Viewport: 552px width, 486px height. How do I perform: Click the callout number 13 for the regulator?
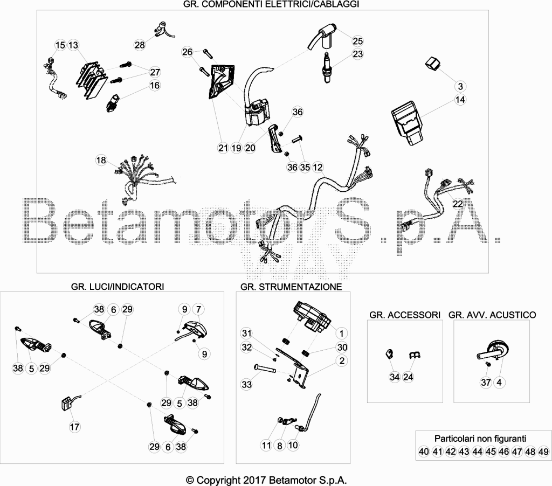tap(73, 45)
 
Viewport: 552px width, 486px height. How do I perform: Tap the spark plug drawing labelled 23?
tap(328, 67)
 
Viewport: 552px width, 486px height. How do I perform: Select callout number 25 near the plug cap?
tap(358, 41)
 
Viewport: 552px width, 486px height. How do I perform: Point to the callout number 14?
tap(460, 100)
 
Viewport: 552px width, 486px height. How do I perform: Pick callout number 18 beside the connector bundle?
tap(101, 160)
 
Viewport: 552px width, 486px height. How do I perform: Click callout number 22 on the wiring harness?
tap(458, 204)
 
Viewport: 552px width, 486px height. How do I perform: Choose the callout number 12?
tap(318, 168)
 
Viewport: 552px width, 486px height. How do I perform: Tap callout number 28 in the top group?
tap(140, 45)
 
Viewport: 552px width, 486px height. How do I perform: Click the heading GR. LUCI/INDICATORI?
tap(118, 287)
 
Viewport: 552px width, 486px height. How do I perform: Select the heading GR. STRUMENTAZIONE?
tap(291, 287)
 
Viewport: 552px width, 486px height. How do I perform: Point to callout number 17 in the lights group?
tap(74, 427)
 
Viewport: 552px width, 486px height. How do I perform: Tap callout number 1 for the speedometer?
tap(341, 333)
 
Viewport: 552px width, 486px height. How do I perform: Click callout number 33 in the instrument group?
tap(247, 384)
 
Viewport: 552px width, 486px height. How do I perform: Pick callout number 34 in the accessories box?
tap(395, 377)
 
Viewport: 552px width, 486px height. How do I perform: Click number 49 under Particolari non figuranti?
tap(543, 452)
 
